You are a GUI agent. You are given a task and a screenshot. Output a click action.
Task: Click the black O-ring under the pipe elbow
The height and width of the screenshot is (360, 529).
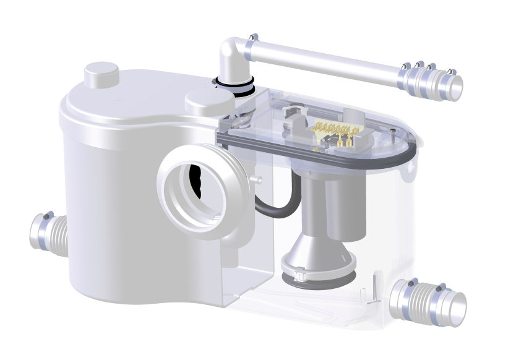[234, 86]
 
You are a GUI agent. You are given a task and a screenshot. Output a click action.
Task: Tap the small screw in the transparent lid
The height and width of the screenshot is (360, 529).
[393, 131]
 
